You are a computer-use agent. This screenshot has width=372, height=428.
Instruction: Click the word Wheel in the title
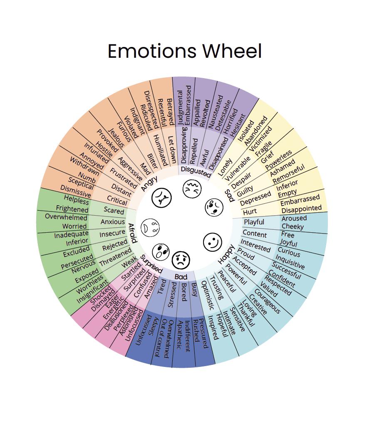(x=232, y=51)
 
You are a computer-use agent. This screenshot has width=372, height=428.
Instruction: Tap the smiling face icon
(x=213, y=242)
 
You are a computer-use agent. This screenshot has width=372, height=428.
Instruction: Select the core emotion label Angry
(x=149, y=184)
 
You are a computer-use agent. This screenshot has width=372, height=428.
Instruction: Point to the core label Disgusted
(x=196, y=172)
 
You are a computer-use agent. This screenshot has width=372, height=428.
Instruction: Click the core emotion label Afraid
(x=132, y=233)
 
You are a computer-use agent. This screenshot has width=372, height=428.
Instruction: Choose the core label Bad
(x=181, y=277)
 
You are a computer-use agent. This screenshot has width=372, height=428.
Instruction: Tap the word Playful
(x=254, y=222)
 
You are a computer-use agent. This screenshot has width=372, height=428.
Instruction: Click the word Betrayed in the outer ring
(x=170, y=112)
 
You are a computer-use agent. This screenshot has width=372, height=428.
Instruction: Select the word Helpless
(x=77, y=200)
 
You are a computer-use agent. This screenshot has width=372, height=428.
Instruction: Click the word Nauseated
(x=216, y=112)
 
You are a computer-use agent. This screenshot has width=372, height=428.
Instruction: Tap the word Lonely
(x=225, y=167)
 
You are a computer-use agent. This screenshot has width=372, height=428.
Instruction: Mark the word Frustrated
(x=124, y=178)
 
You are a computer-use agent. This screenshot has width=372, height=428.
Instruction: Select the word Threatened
(x=115, y=257)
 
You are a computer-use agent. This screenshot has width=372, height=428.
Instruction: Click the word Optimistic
(x=208, y=295)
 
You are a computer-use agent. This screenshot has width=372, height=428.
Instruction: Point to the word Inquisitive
(x=290, y=261)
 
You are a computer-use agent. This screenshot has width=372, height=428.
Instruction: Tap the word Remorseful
(x=288, y=174)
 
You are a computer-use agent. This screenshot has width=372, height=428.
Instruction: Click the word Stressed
(x=172, y=295)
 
